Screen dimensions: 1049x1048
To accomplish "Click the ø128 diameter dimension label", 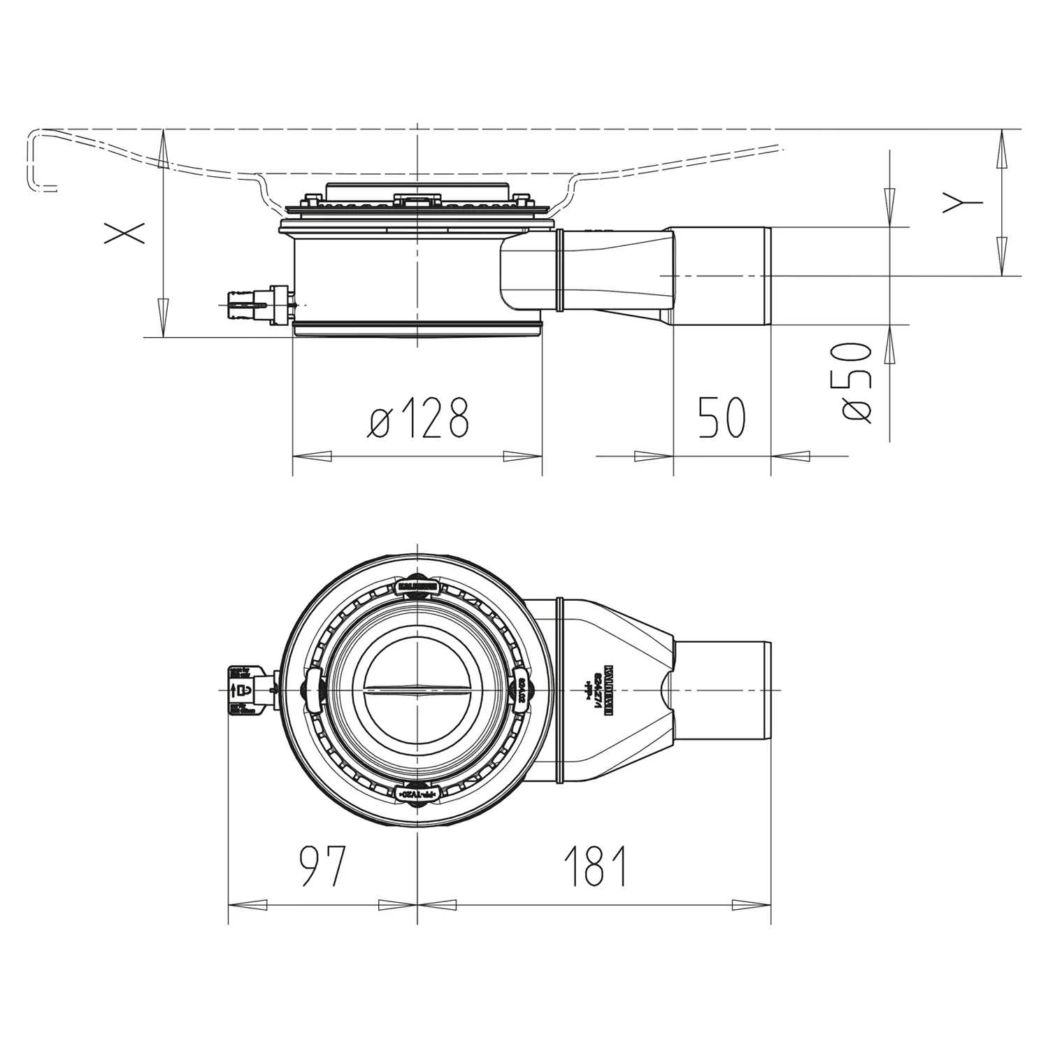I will coord(418,418).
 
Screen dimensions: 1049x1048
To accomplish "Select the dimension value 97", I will coord(322,866).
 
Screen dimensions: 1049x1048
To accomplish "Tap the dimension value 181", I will coord(596,866).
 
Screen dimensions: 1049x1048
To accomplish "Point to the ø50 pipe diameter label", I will coord(856,383).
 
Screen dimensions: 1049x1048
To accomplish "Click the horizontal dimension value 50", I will coord(722,418).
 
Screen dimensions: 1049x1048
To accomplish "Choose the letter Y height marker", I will coord(962,203).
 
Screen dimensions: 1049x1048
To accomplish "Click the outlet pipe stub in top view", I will coord(724,690).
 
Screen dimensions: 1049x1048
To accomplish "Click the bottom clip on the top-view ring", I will coord(417,795).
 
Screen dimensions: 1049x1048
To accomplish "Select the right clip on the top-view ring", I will coord(522,690).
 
